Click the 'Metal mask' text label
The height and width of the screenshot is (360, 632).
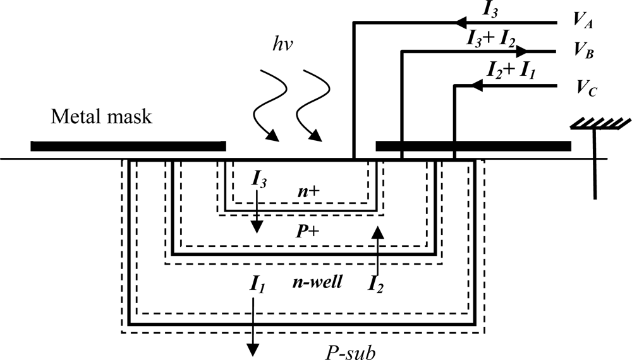pyautogui.click(x=102, y=117)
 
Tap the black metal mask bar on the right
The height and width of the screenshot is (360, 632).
pyautogui.click(x=473, y=147)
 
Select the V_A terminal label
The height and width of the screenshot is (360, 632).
pyautogui.click(x=582, y=21)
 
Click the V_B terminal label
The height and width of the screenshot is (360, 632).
pyautogui.click(x=582, y=52)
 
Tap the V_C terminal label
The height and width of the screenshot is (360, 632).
pyautogui.click(x=582, y=90)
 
